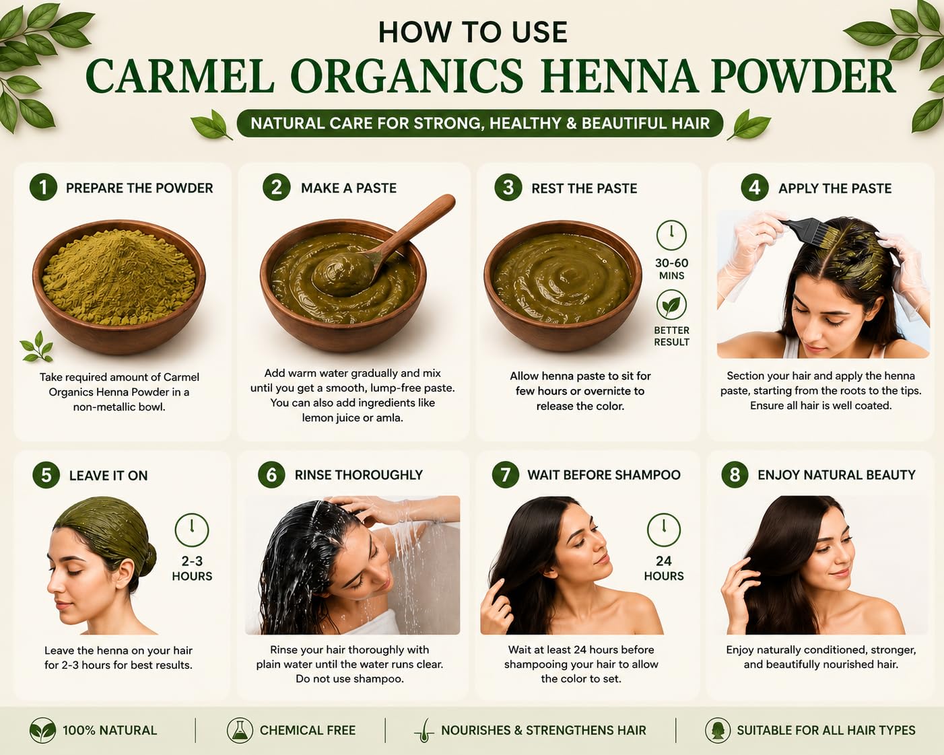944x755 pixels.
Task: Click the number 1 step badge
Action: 43,187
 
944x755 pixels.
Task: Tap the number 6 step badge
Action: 271,474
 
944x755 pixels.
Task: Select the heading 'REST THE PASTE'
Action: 584,188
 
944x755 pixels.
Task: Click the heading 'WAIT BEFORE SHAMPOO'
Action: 603,475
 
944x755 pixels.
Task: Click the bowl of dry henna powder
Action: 119,286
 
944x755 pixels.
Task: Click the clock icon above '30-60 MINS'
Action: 671,235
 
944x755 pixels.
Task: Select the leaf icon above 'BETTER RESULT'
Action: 671,305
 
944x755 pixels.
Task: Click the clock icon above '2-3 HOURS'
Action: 192,530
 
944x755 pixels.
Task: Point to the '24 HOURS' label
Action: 664,568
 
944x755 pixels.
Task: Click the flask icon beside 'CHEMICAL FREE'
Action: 240,731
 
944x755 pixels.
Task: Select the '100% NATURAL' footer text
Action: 110,731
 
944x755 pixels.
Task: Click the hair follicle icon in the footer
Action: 424,731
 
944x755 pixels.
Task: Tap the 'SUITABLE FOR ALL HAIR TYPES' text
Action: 826,731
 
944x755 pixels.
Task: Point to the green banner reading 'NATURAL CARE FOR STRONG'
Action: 480,123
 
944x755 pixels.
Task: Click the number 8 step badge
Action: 735,474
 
